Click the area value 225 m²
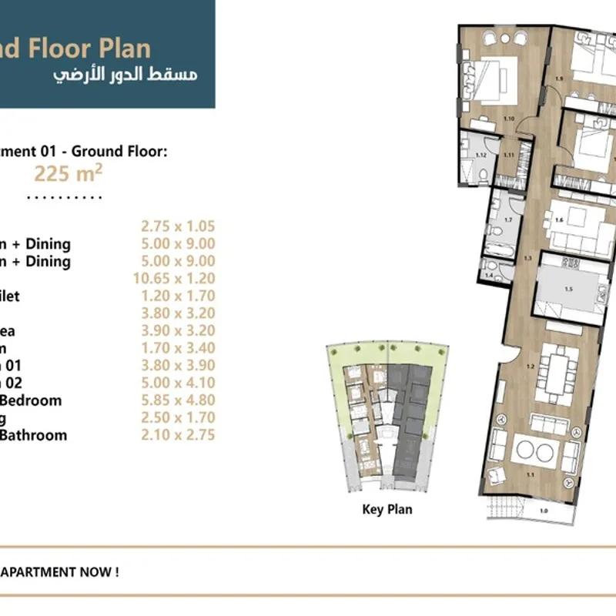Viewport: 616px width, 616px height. pos(69,173)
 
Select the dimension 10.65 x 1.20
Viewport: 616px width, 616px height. pos(178,279)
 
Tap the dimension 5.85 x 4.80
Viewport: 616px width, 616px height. pos(178,400)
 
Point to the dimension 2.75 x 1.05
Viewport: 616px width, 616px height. pos(178,226)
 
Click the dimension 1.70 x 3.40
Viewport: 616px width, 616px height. pos(178,348)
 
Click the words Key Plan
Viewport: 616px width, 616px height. pos(387,510)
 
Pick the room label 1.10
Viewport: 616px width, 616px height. pos(508,119)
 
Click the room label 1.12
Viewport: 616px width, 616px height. pos(481,156)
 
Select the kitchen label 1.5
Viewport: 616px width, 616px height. pos(569,290)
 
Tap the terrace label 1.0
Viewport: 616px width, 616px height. pos(543,510)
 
